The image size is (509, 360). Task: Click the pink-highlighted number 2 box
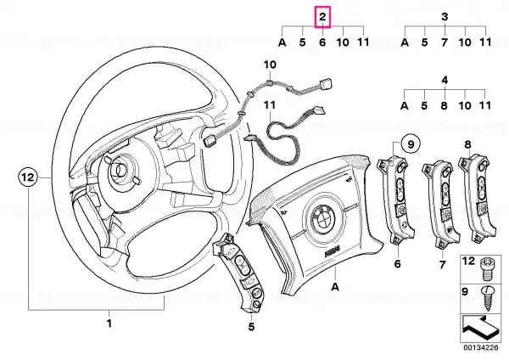pyautogui.click(x=322, y=17)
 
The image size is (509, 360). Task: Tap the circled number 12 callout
pyautogui.click(x=28, y=177)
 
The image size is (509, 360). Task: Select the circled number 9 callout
pyautogui.click(x=411, y=143)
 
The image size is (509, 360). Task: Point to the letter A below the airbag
pyautogui.click(x=335, y=287)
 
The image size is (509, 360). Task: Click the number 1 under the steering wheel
pyautogui.click(x=109, y=323)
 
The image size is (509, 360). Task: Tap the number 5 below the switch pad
pyautogui.click(x=252, y=327)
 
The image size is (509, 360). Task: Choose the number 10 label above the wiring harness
pyautogui.click(x=270, y=65)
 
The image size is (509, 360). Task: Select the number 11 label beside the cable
pyautogui.click(x=270, y=105)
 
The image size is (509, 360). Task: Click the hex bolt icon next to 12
pyautogui.click(x=486, y=269)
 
